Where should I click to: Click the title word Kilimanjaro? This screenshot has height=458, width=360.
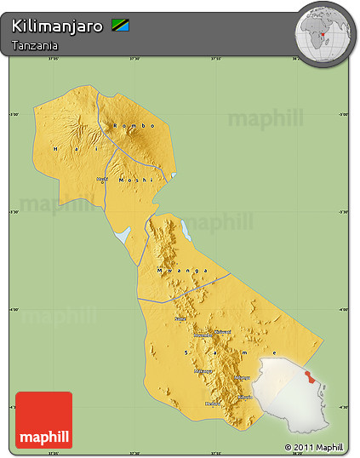(x=58, y=26)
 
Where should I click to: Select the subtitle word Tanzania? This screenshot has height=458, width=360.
(x=35, y=44)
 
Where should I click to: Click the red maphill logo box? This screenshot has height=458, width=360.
(x=43, y=420)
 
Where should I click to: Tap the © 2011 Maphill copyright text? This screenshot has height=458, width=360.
(x=314, y=446)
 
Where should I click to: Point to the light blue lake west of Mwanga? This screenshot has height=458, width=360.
(x=123, y=233)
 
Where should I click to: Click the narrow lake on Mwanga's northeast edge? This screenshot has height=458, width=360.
(x=185, y=230)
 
